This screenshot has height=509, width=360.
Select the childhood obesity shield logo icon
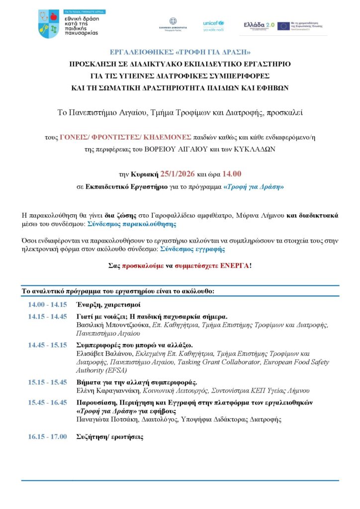[48, 24]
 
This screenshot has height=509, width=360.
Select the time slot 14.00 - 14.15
[48, 304]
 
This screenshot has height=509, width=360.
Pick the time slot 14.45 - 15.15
[48, 345]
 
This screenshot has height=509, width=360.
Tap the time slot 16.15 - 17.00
[48, 436]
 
